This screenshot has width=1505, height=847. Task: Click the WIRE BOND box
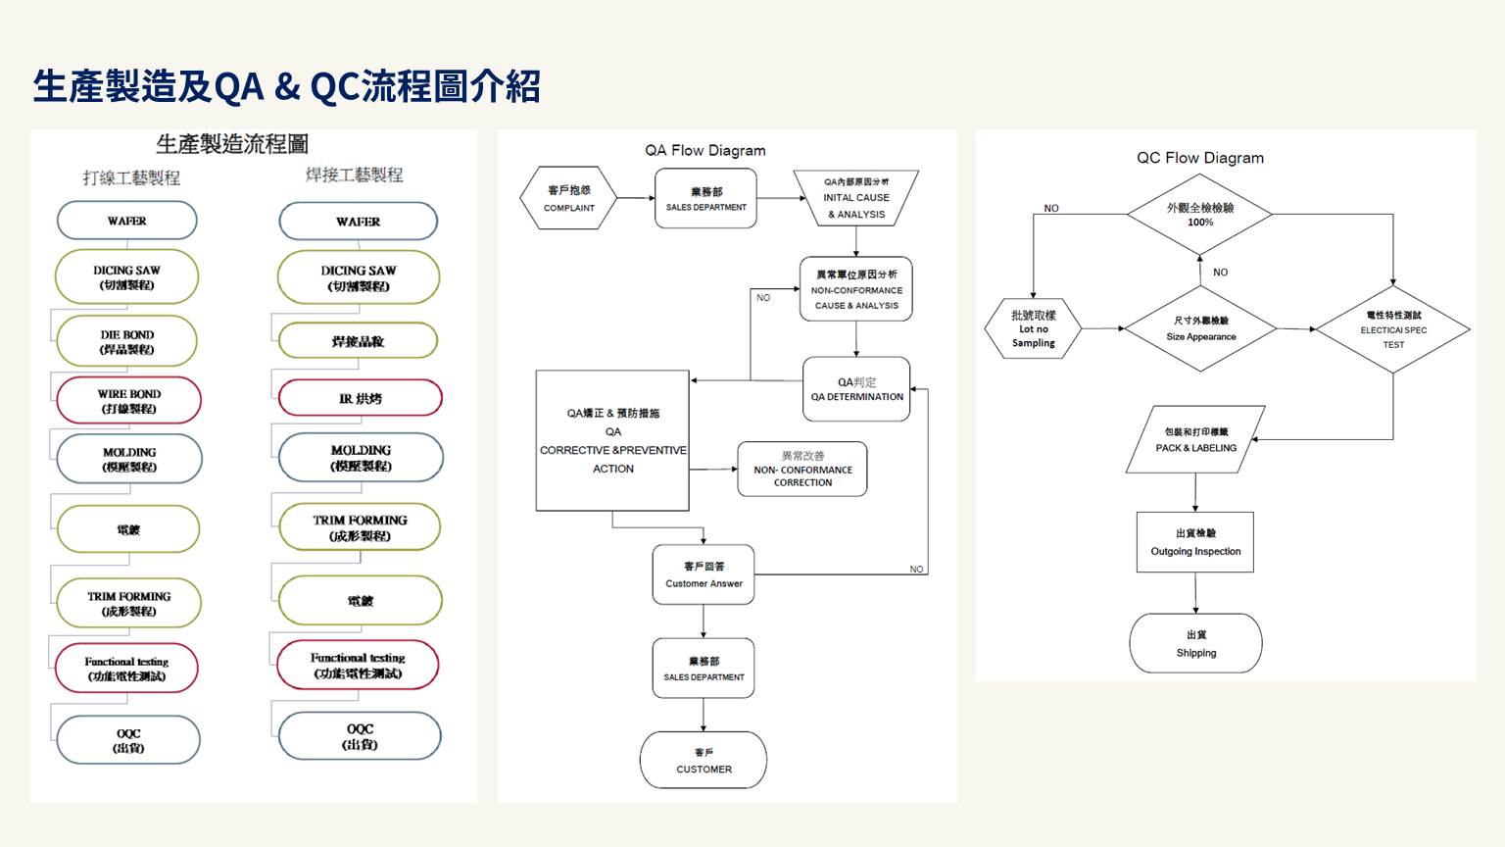coord(128,401)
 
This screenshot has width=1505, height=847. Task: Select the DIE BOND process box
coord(126,341)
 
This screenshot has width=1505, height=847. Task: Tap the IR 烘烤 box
coord(360,398)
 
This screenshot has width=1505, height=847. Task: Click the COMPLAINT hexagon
coord(568,199)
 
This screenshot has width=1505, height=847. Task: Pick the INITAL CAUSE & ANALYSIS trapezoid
coord(855,198)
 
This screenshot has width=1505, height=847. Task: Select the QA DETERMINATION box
coord(856,389)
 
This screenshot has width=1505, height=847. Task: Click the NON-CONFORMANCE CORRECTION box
coord(802,470)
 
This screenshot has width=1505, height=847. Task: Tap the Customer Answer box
coord(704,574)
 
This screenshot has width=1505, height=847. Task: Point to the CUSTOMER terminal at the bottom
coord(704,760)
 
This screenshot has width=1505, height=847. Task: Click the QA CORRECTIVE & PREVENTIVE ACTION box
coord(612,441)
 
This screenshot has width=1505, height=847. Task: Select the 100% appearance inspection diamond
coord(1199,214)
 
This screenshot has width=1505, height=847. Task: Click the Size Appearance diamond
coord(1200,328)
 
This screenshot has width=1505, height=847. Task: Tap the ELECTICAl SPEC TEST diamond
coord(1392,329)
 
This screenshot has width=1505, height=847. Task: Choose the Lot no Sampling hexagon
coord(1033,328)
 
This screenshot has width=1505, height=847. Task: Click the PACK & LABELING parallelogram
coord(1195,439)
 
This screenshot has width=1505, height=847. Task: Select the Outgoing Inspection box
coord(1195,542)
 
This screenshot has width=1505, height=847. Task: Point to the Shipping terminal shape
coord(1195,643)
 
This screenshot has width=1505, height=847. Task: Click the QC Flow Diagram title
coord(1199,158)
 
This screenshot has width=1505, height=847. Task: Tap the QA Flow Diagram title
coord(704,150)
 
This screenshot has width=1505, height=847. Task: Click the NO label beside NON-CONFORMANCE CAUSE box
coord(763,297)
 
